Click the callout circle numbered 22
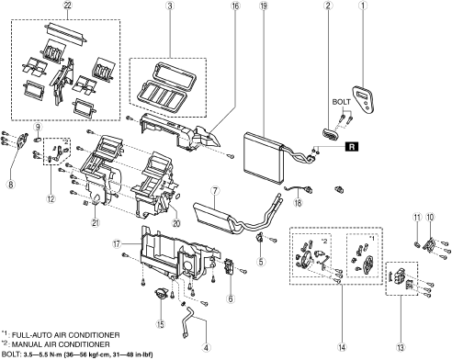(x=67, y=6)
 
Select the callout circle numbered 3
(x=169, y=6)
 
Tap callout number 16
(x=235, y=6)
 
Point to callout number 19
(x=263, y=6)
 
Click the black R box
(x=352, y=147)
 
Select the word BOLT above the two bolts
(x=342, y=102)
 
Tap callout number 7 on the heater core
(x=215, y=191)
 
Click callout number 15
(x=161, y=324)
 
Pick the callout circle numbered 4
(x=206, y=347)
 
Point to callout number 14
(x=342, y=347)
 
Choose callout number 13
(x=401, y=347)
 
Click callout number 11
(x=417, y=218)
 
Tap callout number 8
(x=11, y=185)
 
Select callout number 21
(x=96, y=223)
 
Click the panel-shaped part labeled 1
(x=365, y=99)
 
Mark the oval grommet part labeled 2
(x=330, y=134)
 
